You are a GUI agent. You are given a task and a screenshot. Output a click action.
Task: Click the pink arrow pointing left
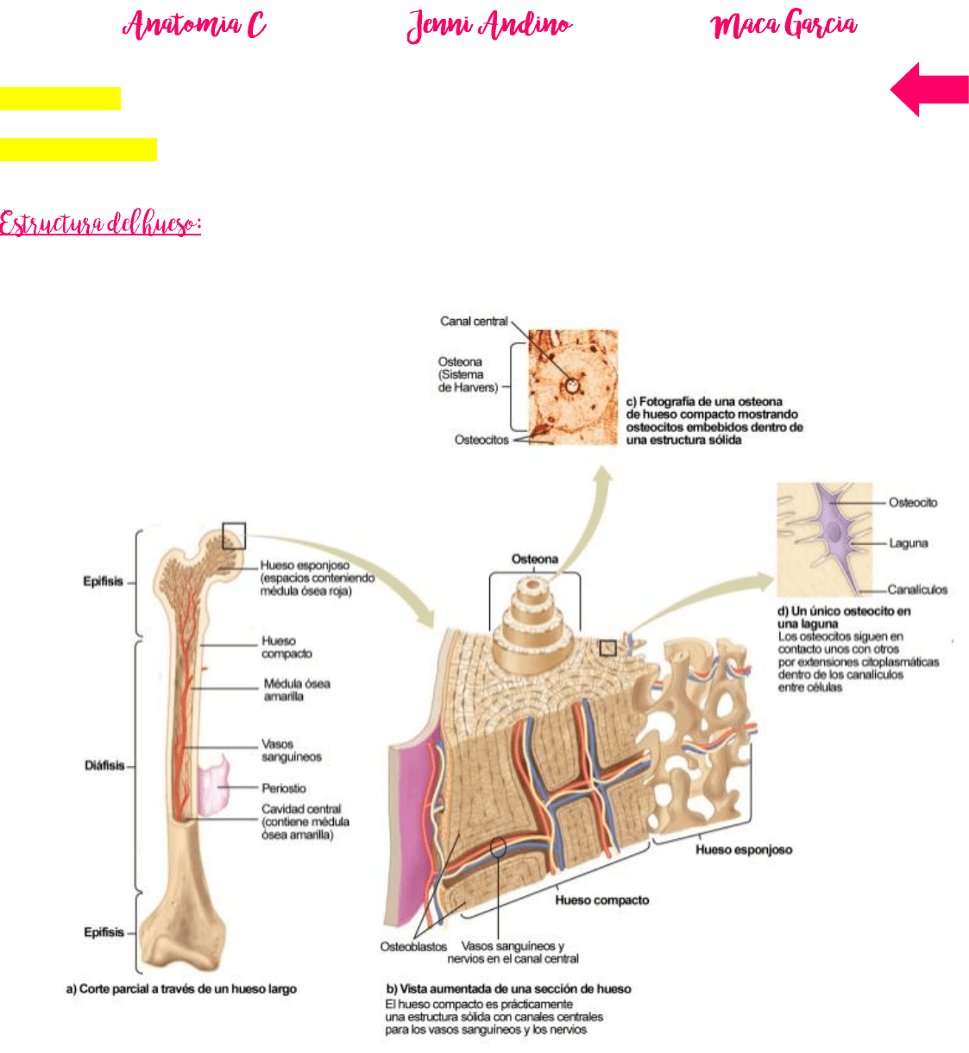(x=929, y=90)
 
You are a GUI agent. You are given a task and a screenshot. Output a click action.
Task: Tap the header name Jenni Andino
(x=489, y=25)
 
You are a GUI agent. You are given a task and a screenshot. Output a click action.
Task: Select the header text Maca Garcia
(x=783, y=24)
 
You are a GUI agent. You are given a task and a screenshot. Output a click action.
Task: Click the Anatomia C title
(x=194, y=24)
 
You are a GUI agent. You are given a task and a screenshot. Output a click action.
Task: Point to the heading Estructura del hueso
(x=100, y=223)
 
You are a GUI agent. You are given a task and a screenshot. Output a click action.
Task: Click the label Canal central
(x=474, y=321)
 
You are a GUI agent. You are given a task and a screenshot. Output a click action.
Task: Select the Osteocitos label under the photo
(x=481, y=440)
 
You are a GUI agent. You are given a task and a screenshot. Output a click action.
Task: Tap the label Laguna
(x=908, y=542)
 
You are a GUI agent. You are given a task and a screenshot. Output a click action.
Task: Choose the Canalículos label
(x=917, y=590)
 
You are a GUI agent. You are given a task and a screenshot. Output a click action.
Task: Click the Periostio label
(x=284, y=788)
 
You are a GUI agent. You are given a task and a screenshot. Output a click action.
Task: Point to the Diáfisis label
(x=104, y=765)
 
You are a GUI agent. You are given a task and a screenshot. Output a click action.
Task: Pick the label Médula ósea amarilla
(x=297, y=690)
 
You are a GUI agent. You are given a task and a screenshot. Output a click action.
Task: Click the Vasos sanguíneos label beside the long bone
(x=292, y=750)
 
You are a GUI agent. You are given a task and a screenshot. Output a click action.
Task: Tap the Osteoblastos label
(x=413, y=946)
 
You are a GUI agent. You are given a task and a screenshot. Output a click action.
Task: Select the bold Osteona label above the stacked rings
(x=535, y=559)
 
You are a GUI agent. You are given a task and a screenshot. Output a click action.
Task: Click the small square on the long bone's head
(x=234, y=536)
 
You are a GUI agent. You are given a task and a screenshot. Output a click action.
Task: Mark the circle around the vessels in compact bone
(x=498, y=847)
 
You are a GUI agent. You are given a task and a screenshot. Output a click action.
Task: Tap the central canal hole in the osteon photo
(x=572, y=385)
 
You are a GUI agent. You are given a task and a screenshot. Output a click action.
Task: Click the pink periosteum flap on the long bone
(x=214, y=785)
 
